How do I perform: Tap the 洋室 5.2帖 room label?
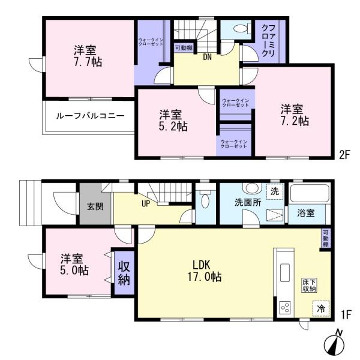point(173,121)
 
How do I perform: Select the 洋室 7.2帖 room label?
point(295,115)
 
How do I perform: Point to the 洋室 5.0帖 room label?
point(74,265)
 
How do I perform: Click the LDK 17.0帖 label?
point(207,271)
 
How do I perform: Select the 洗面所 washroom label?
point(247,202)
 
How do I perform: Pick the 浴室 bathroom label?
point(308,212)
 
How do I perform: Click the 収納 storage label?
point(124,273)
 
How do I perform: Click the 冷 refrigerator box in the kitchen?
point(321,308)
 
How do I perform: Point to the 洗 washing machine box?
point(274,191)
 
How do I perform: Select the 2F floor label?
point(343,154)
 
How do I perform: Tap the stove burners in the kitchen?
point(285,308)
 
